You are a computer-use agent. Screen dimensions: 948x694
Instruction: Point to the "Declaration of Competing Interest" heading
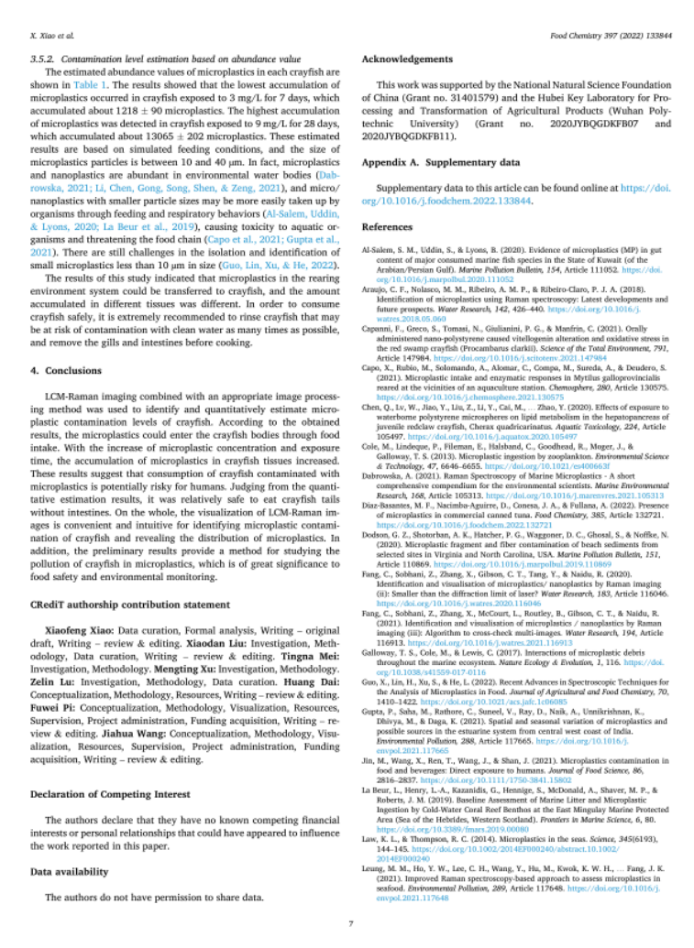[x=110, y=794]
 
